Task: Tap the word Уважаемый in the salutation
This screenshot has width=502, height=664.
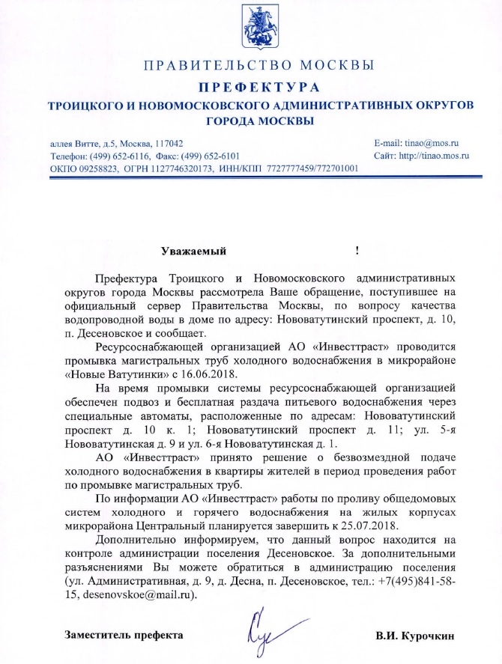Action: tap(193, 251)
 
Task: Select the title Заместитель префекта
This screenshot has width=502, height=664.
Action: tap(124, 636)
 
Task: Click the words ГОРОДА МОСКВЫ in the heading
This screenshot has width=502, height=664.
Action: tap(259, 121)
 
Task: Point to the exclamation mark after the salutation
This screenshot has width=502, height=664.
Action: tap(357, 251)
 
